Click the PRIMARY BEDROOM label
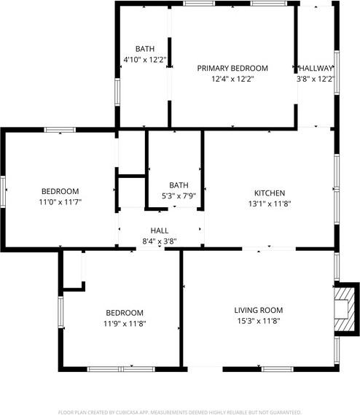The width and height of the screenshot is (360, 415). pos(232,68)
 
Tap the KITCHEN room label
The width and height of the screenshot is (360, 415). pos(269,193)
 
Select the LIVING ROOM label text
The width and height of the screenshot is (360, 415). pos(257,310)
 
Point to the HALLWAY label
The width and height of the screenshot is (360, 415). pos(316,68)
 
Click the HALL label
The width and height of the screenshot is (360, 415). pos(160,230)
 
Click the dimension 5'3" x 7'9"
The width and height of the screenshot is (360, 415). pos(179,196)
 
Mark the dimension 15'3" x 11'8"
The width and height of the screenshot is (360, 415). pos(257,321)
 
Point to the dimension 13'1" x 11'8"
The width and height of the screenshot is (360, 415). pos(269,204)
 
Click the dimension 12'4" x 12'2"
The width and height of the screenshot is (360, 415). pos(232,79)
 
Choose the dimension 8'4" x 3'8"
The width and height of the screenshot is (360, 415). pos(160,241)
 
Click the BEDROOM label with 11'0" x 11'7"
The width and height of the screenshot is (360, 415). pos(60,191)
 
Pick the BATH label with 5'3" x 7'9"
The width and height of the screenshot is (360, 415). pos(179,185)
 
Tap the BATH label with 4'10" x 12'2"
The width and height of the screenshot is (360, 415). pos(144,49)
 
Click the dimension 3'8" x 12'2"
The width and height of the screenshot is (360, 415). pos(316,79)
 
